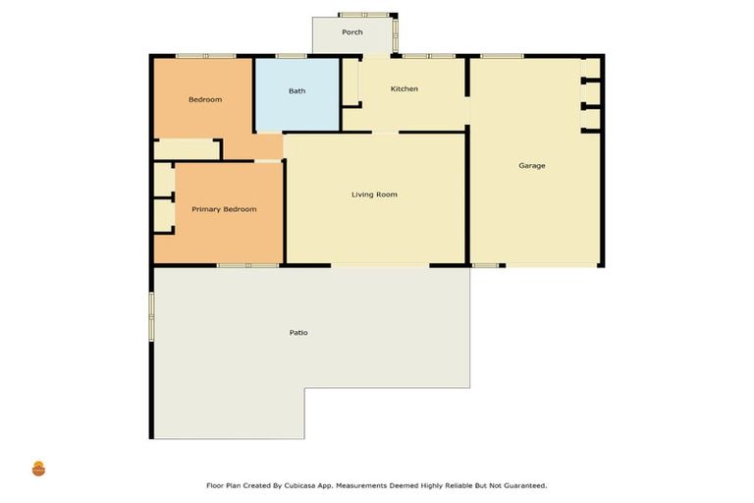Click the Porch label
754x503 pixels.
[352, 32]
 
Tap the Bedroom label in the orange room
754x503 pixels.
[205, 99]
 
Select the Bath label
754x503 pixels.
[296, 91]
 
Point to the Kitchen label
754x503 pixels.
[404, 89]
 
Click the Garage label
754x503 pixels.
[532, 166]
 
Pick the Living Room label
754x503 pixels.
[374, 195]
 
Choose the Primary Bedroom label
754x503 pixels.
[224, 209]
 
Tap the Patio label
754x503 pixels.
[298, 333]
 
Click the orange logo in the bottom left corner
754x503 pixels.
[38, 469]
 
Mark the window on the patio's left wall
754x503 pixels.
[151, 315]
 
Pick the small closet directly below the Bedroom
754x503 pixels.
[187, 148]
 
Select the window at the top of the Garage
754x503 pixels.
[501, 56]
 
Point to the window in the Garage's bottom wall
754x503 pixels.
[485, 265]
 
